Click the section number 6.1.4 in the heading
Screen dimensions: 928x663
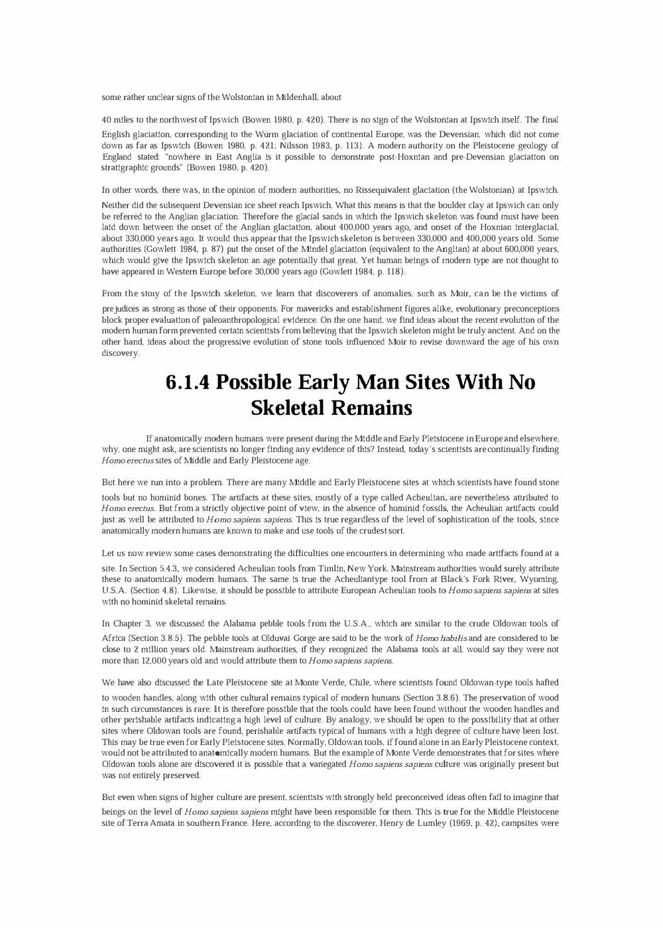[188, 382]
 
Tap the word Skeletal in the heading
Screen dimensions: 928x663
[288, 408]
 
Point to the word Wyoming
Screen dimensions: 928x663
[539, 579]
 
